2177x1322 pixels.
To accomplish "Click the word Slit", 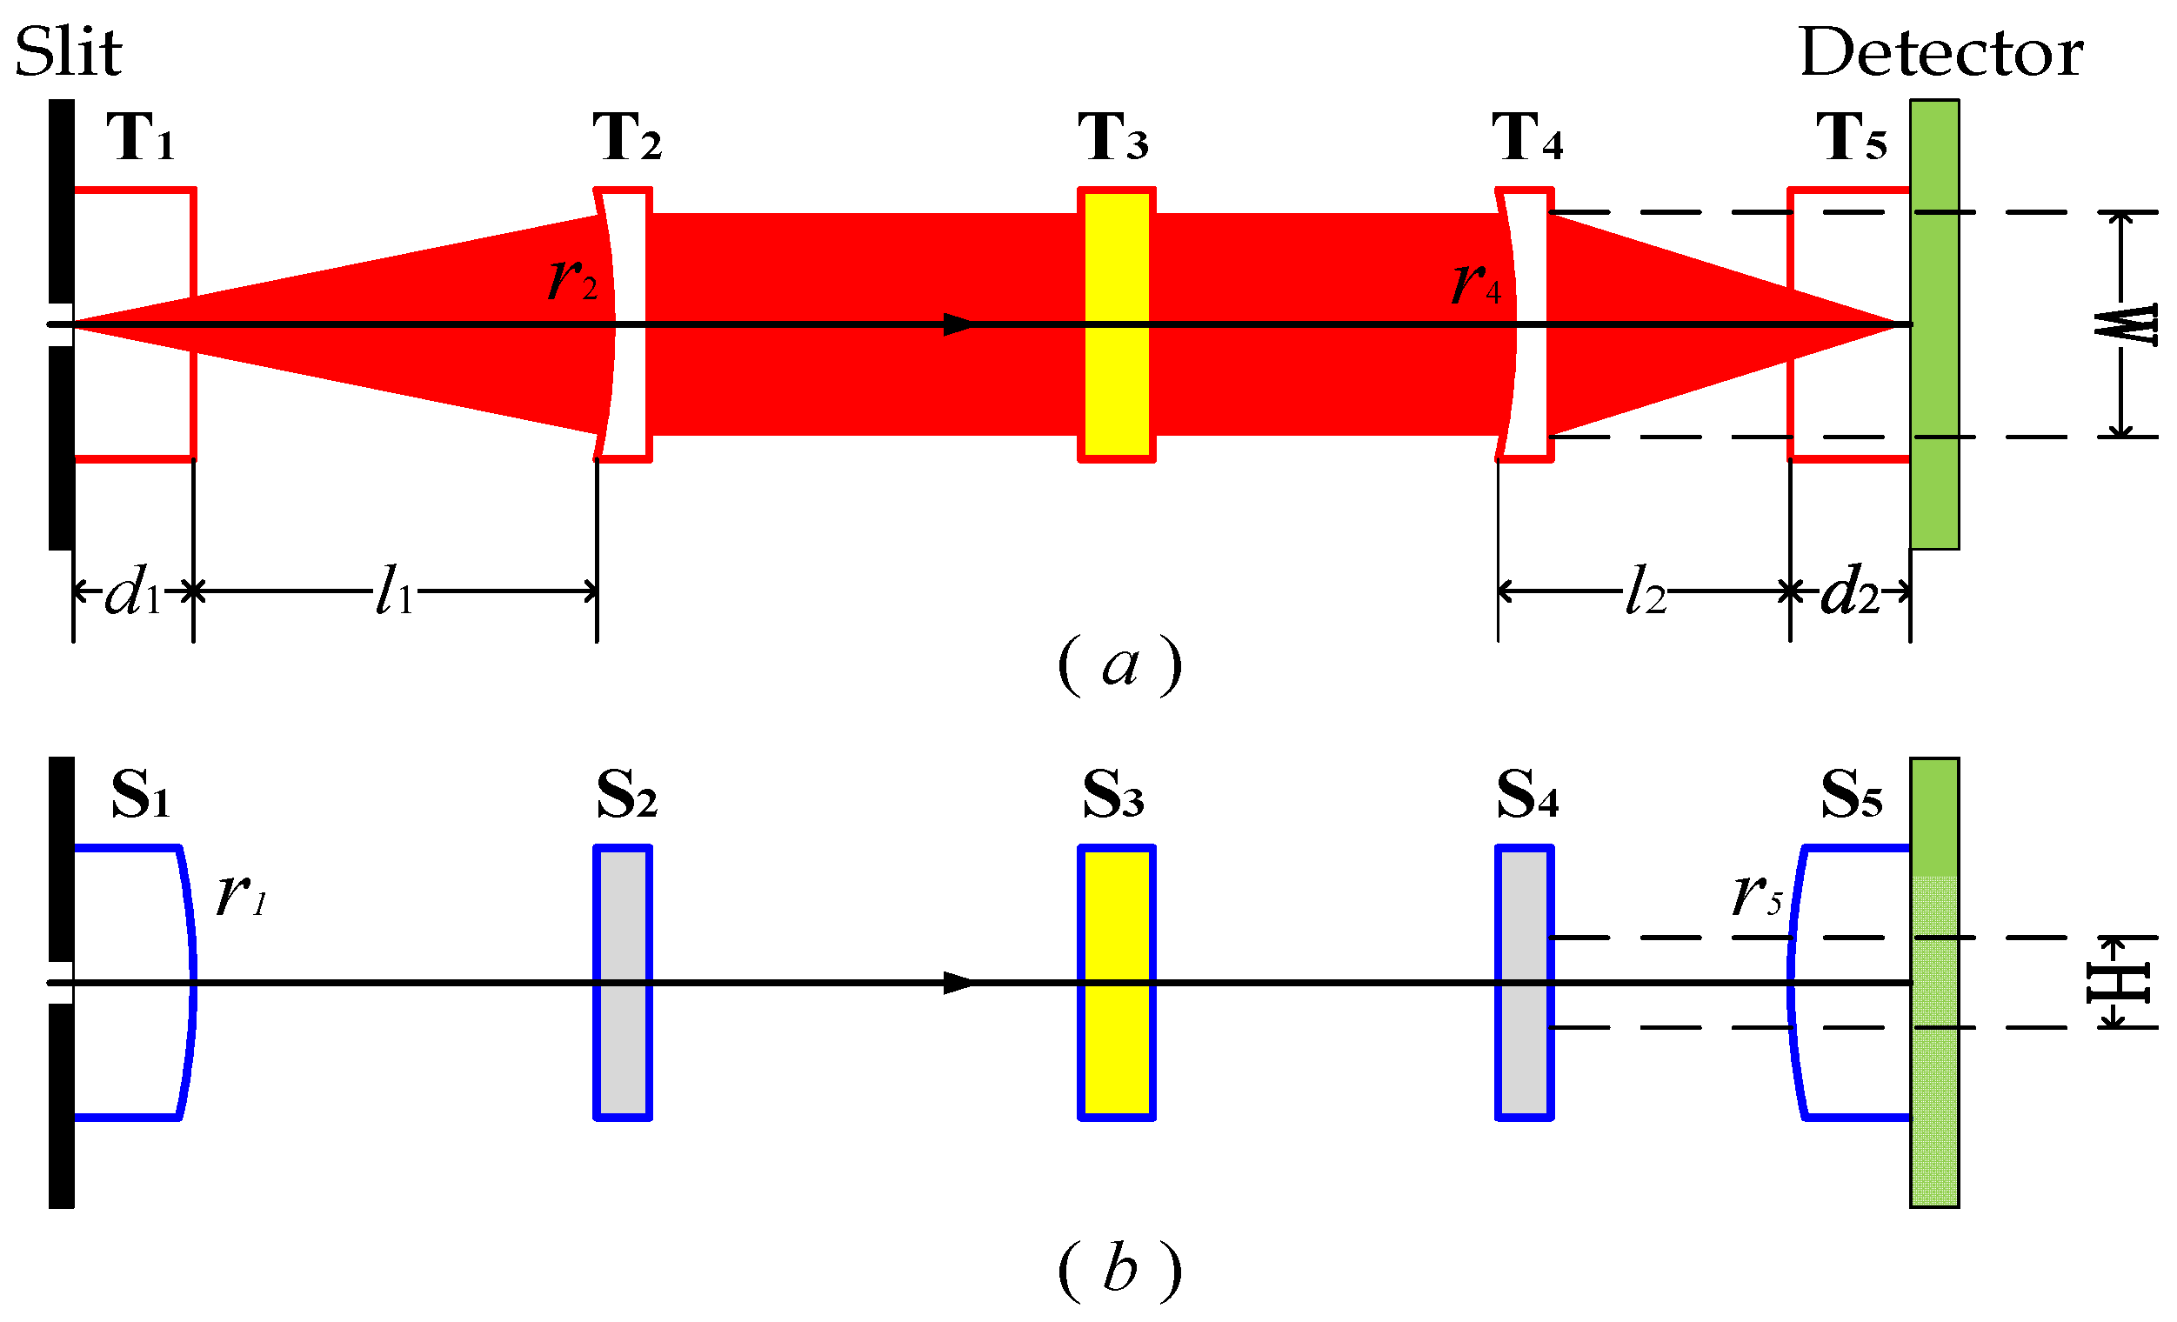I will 68,53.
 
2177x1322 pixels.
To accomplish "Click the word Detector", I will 1940,53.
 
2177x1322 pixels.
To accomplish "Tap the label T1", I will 140,138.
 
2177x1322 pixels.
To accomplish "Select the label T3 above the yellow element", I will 1112,138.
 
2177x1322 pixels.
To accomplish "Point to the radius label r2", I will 572,279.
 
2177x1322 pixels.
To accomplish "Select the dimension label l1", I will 394,591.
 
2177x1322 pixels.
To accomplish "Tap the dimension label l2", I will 1645,591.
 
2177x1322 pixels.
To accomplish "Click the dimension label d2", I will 1849,591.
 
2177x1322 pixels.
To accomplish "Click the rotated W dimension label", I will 2126,324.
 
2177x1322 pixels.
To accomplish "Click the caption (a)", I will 1119,665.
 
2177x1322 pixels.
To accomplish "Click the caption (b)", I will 1119,1270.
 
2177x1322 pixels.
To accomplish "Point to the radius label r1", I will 240,894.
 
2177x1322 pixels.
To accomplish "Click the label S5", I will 1851,795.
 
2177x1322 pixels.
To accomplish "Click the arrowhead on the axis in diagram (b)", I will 958,983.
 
